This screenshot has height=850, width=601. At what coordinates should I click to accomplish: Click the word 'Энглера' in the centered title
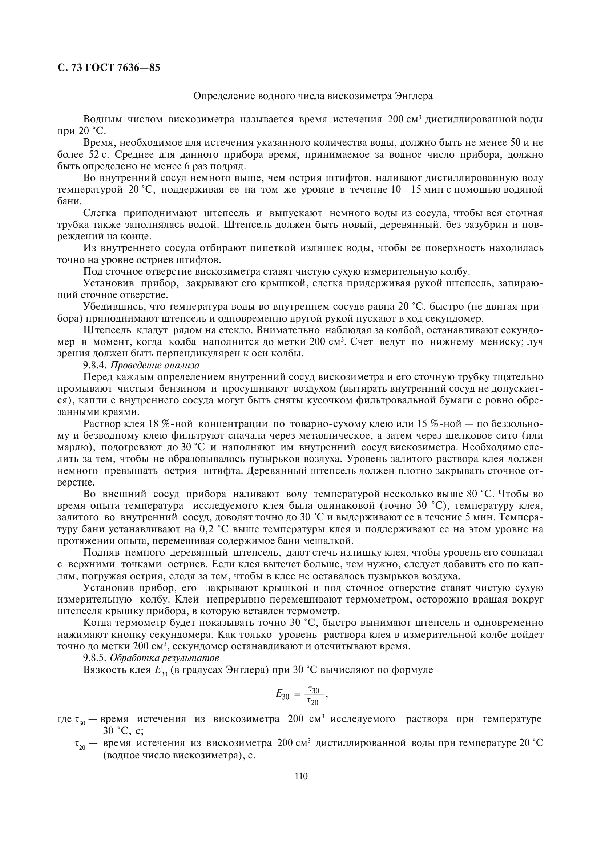pyautogui.click(x=414, y=96)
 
